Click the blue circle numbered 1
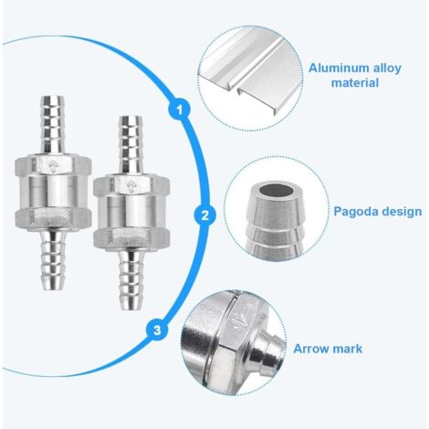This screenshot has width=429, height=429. [x=180, y=110]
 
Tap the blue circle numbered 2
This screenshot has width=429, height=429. [x=205, y=215]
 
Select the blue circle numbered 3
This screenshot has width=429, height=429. [x=157, y=330]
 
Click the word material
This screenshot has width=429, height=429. [x=355, y=83]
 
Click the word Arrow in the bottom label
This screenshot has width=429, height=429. [x=312, y=349]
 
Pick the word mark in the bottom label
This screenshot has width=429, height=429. [x=348, y=349]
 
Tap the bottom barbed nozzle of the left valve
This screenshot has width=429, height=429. [x=53, y=260]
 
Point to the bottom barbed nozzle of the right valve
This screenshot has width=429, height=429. [x=131, y=279]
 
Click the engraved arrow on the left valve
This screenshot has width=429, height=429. [x=53, y=166]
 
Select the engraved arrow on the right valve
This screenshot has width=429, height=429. [x=131, y=185]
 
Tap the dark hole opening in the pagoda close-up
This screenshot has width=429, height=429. [x=277, y=191]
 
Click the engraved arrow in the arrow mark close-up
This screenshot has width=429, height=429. [x=240, y=320]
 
